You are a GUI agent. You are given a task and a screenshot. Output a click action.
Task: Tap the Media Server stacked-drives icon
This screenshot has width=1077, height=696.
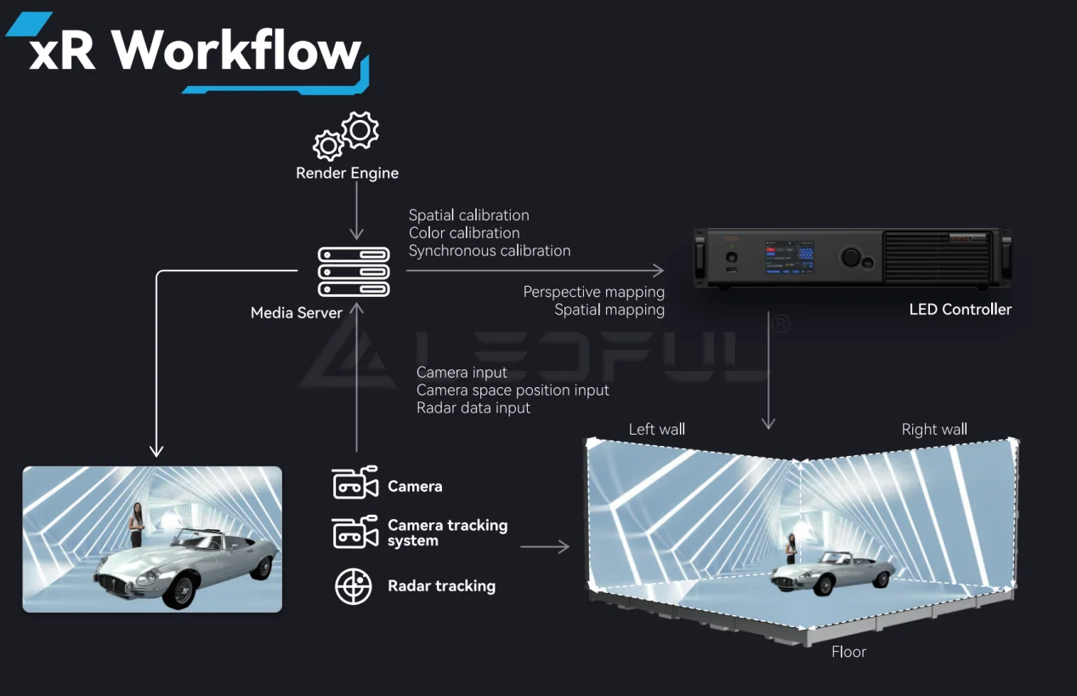[x=354, y=271]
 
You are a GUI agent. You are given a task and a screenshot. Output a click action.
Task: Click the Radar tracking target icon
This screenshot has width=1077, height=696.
[x=354, y=586]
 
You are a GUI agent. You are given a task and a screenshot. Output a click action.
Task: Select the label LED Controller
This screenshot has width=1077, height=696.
[x=961, y=310]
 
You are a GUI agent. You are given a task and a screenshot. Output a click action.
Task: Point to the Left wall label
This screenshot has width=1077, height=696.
[x=656, y=430]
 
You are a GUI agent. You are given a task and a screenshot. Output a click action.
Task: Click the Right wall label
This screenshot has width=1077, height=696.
[x=934, y=430]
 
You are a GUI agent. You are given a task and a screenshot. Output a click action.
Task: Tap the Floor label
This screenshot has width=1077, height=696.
[x=848, y=652]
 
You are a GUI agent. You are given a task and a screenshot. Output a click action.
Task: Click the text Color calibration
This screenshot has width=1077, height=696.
[x=464, y=233]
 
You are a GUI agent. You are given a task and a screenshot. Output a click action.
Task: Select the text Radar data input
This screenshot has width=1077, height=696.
[x=473, y=408]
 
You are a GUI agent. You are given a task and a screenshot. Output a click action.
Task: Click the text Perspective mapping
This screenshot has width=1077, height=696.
[x=593, y=292]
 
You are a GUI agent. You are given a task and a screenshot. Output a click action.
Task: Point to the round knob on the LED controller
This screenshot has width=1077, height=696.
[x=850, y=257]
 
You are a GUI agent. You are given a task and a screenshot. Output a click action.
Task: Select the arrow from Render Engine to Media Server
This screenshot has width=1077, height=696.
[x=357, y=212]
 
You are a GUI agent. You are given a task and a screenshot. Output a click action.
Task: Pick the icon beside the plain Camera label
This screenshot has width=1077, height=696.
[x=354, y=483]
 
